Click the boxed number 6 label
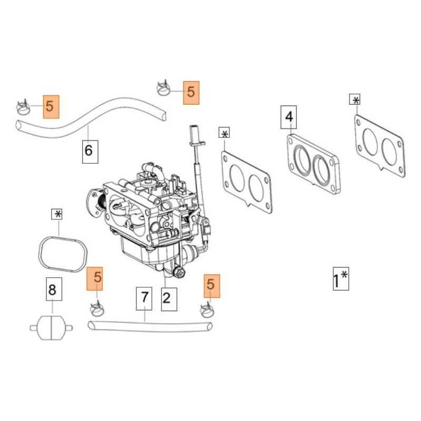click(88, 151)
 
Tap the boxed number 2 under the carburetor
click(166, 299)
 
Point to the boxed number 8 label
click(52, 289)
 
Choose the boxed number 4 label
click(289, 117)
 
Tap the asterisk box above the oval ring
click(57, 214)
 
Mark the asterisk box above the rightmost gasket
click(356, 101)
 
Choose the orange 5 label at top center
click(191, 93)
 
